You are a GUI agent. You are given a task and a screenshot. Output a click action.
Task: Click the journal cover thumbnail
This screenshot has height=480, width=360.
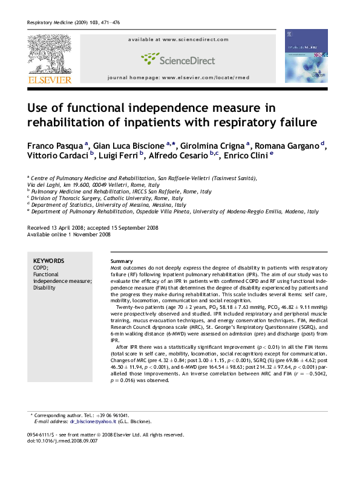[x=306, y=56]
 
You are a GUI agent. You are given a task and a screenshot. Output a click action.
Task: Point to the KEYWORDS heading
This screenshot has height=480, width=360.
[x=48, y=260]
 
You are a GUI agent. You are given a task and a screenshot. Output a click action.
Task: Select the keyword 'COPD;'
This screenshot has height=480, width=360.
[x=41, y=267]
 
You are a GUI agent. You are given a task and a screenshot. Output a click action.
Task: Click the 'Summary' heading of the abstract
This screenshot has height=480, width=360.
[x=114, y=260]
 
